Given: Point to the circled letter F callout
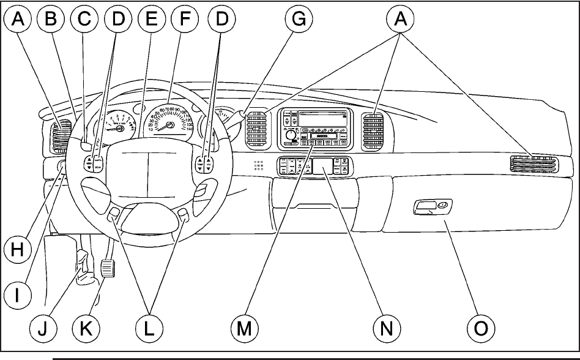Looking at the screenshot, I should tap(182, 20).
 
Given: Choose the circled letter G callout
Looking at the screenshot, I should tap(298, 20).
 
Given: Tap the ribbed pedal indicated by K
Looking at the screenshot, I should tap(108, 268).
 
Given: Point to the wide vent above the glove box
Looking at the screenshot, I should tap(534, 163).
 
